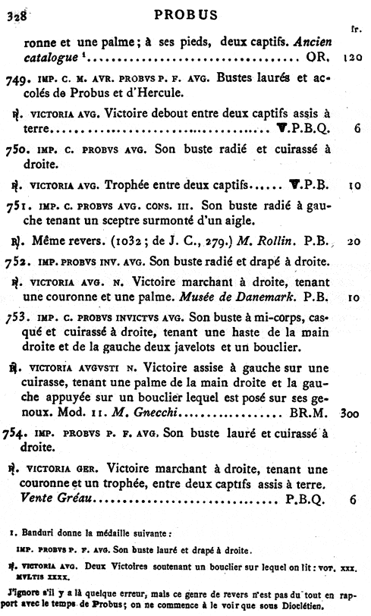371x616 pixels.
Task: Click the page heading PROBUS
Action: [x=185, y=14]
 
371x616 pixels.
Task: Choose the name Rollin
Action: [x=274, y=242]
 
